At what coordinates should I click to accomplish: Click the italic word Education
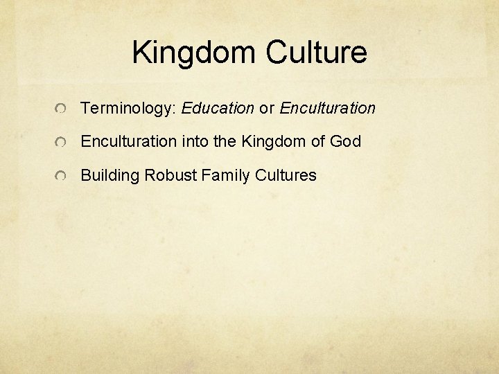coord(218,108)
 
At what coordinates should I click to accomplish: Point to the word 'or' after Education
coord(267,109)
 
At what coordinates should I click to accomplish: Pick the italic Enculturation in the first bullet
coord(327,108)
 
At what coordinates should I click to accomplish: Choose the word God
coord(346,142)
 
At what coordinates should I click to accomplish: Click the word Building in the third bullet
coord(110,176)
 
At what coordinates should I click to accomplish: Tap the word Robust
coord(170,176)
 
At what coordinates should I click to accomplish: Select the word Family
coord(226,176)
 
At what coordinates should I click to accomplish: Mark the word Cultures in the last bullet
coord(286,176)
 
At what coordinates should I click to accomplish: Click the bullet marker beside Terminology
coord(62,109)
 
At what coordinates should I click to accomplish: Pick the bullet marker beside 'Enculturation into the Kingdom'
coord(62,143)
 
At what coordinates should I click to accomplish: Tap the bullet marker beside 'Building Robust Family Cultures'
coord(62,177)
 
